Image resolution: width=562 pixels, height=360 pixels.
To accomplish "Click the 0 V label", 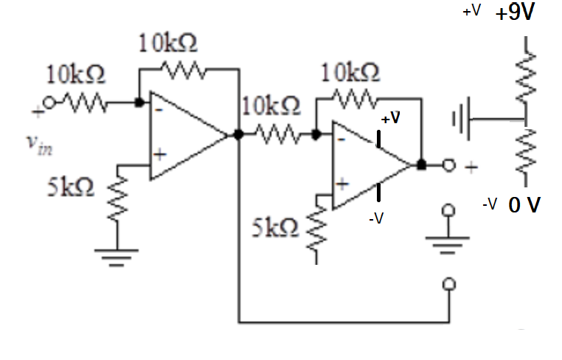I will pos(524,204).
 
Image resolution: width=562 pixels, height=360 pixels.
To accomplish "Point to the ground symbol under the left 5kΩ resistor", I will pos(118,256).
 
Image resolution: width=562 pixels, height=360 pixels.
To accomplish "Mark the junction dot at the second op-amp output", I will pos(420,165).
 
